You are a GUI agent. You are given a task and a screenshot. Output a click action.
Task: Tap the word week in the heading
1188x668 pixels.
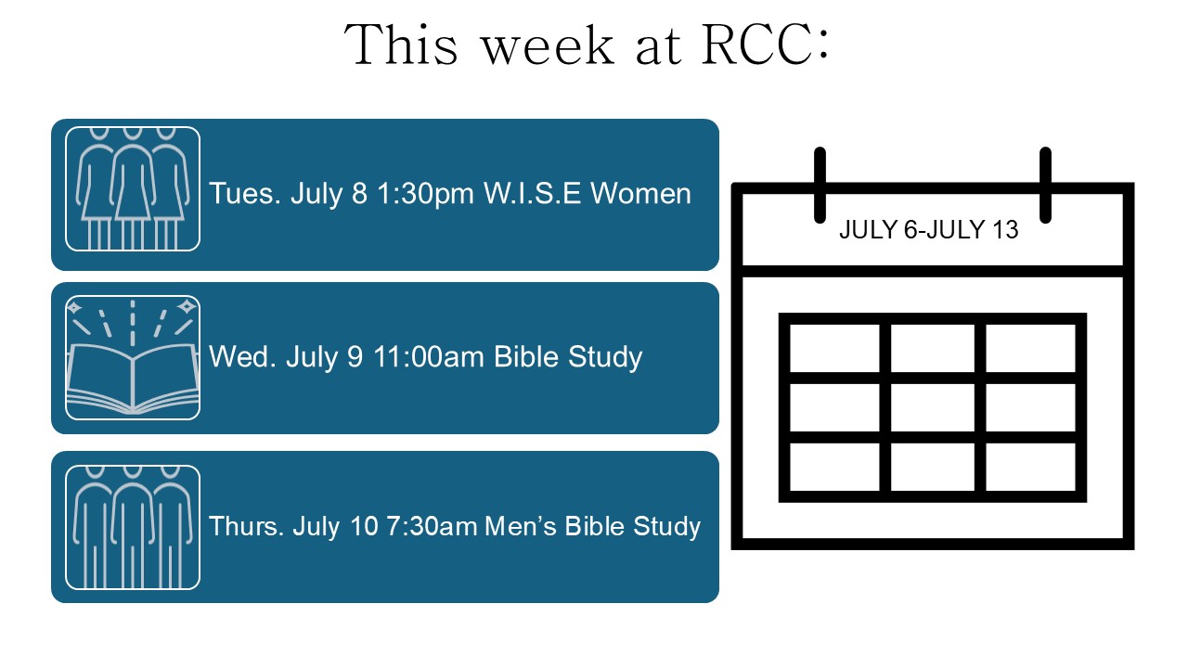click(x=547, y=45)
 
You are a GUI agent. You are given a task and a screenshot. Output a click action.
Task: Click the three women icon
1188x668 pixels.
click(x=133, y=188)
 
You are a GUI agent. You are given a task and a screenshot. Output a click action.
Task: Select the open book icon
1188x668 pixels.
click(x=133, y=358)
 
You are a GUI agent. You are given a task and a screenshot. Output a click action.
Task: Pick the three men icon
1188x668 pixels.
click(x=133, y=528)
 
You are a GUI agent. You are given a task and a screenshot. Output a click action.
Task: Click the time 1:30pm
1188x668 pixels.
click(x=425, y=194)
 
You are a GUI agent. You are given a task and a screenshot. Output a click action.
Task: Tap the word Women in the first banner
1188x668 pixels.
click(x=640, y=193)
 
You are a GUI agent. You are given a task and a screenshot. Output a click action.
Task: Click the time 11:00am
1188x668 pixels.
click(x=429, y=356)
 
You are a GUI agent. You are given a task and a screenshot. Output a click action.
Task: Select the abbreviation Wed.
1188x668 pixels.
click(x=242, y=356)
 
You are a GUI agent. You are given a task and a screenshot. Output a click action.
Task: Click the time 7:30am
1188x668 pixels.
click(x=432, y=526)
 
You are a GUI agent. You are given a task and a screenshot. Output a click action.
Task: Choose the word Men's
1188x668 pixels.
click(x=521, y=526)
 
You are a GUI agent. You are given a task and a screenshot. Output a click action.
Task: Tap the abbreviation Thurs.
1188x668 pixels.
click(x=246, y=526)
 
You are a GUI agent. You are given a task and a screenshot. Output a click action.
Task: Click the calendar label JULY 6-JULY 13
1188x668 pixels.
click(x=929, y=230)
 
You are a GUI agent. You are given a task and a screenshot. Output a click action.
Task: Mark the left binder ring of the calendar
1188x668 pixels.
click(x=820, y=185)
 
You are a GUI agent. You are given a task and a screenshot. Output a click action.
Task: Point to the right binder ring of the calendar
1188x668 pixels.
click(x=1045, y=185)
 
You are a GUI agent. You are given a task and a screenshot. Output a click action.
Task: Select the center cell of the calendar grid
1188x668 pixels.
click(x=933, y=407)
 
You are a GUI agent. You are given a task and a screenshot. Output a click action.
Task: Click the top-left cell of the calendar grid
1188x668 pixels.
click(x=834, y=348)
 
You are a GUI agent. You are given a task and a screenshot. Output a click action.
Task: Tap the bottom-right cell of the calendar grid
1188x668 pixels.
click(x=1030, y=467)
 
